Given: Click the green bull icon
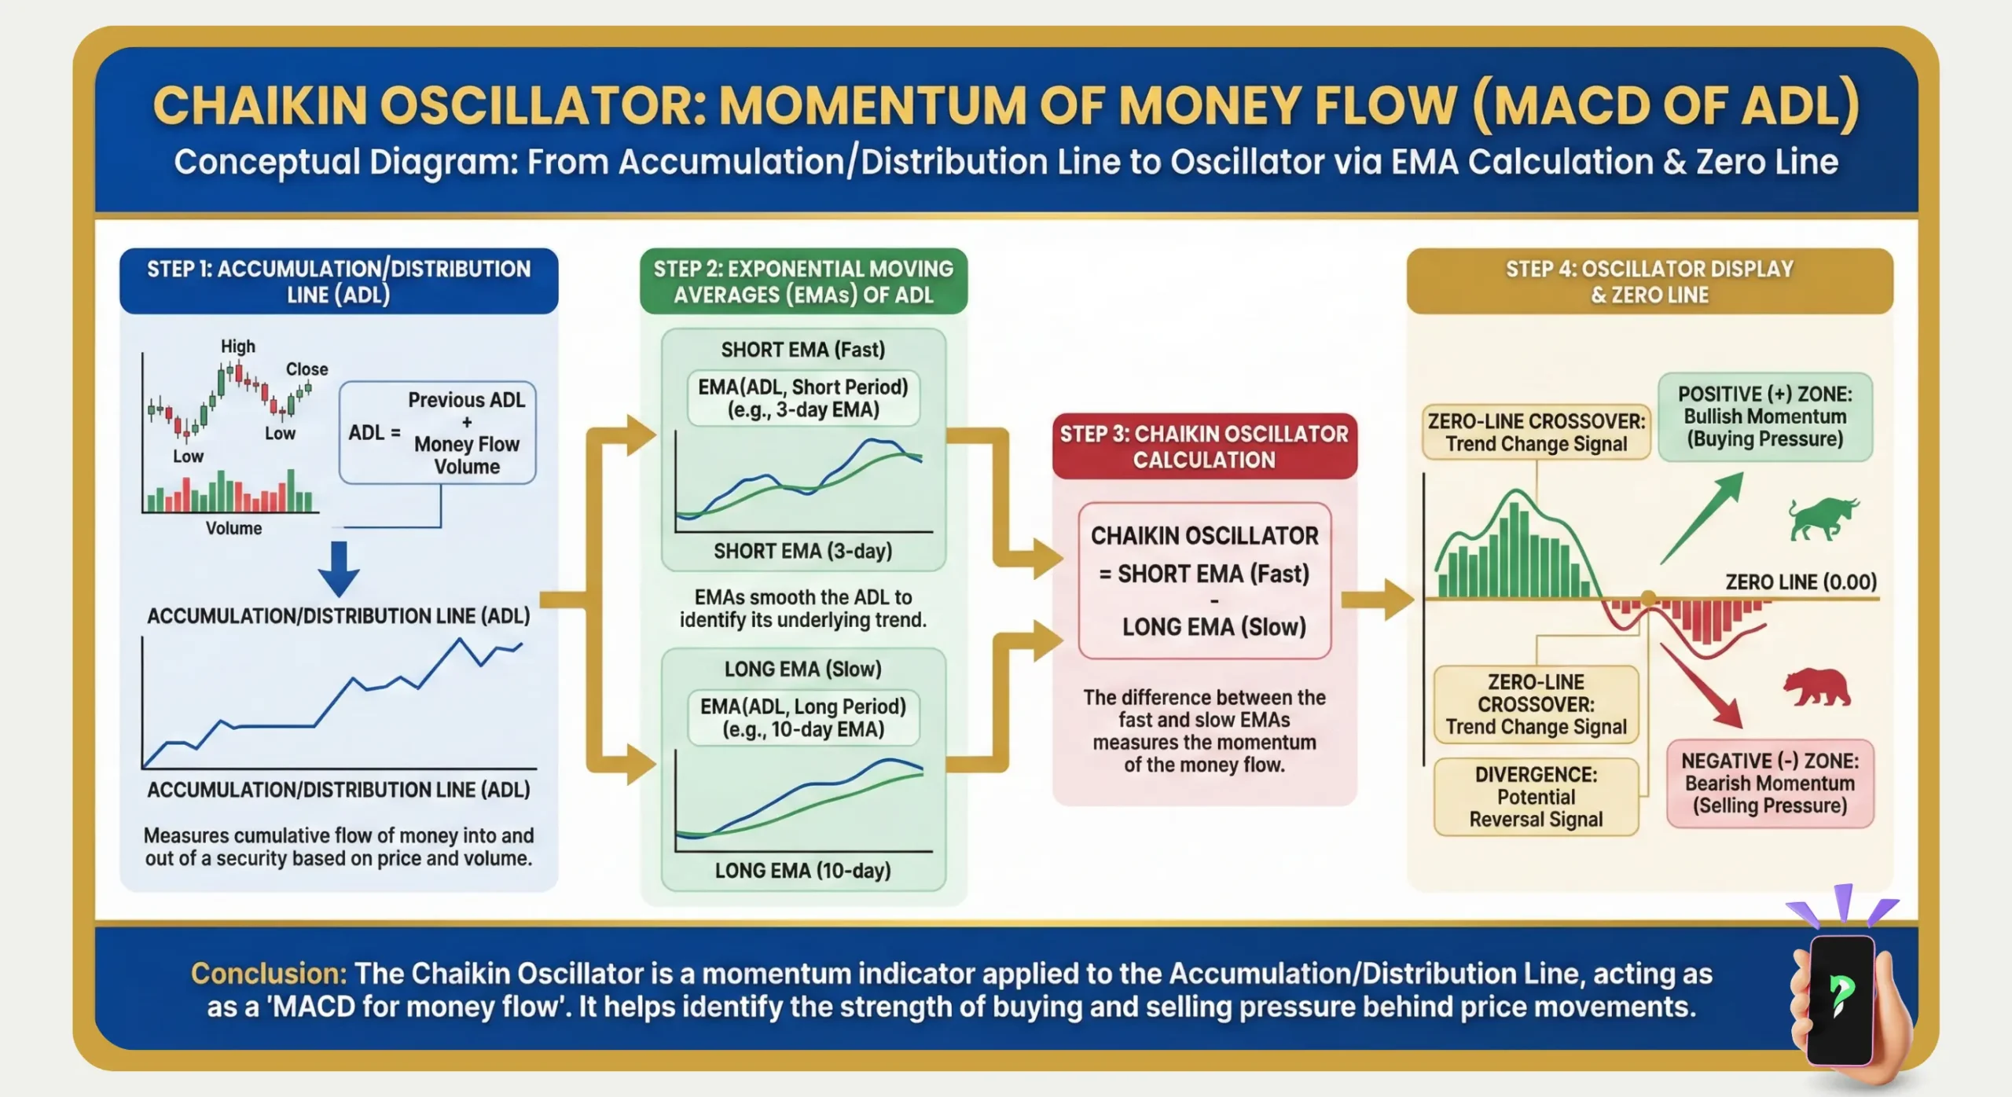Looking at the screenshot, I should (1822, 519).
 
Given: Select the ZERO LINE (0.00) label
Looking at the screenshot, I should (1800, 582).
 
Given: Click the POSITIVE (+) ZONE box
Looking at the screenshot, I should (1765, 416).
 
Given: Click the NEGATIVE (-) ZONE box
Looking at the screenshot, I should (1770, 783).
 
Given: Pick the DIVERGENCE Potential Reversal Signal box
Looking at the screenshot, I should (1536, 797).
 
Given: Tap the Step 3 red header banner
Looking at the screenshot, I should (1204, 446).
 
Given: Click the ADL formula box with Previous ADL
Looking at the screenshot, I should (438, 433).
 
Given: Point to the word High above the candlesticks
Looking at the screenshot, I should (238, 347).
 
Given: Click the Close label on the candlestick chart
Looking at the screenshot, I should (307, 369).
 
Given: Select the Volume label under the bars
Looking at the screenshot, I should (233, 528).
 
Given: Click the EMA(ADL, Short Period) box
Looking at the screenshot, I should (802, 398).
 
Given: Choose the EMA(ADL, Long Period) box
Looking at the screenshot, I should (802, 717).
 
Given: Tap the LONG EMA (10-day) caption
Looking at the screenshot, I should (802, 871).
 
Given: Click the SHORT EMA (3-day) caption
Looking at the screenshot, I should (802, 551).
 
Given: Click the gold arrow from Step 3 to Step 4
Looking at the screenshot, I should (1378, 600).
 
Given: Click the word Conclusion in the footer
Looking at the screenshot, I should (268, 974).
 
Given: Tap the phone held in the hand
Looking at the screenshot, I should (1841, 998).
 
